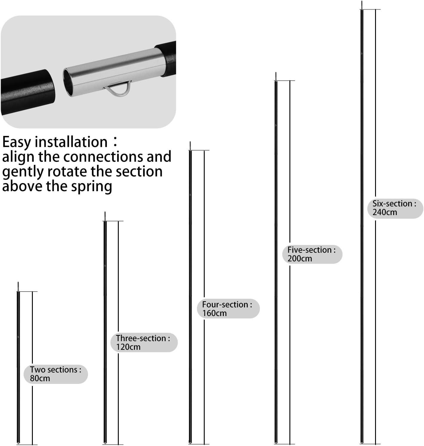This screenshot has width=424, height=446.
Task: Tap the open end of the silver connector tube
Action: point(68,82)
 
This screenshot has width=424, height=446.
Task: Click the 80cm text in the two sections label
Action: point(40,378)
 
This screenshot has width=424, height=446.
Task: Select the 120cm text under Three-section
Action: point(128,347)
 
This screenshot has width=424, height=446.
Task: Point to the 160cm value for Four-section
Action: point(214,313)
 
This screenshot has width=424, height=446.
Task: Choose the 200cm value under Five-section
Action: point(300,258)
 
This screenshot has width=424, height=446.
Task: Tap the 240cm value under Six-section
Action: point(385,212)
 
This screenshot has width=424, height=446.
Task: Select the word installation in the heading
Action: point(71,142)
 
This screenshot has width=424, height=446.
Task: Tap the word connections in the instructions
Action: point(103,157)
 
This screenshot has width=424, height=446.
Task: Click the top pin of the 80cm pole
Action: point(18,286)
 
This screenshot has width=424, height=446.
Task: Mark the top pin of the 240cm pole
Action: point(362,5)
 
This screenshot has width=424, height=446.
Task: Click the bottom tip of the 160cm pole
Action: point(190,442)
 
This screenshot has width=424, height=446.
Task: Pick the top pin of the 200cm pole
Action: point(276,76)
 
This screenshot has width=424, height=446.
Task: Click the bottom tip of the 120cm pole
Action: point(105,442)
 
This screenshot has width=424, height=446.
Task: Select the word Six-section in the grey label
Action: point(392,203)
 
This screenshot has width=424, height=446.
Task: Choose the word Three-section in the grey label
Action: point(141,338)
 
